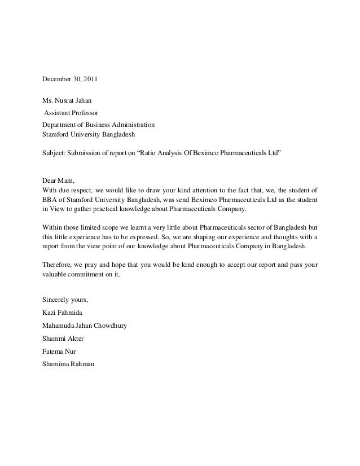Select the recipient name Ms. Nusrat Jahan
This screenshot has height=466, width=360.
tap(67, 100)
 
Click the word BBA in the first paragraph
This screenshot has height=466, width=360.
tap(50, 199)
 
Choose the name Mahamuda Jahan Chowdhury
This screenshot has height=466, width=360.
tap(85, 325)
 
